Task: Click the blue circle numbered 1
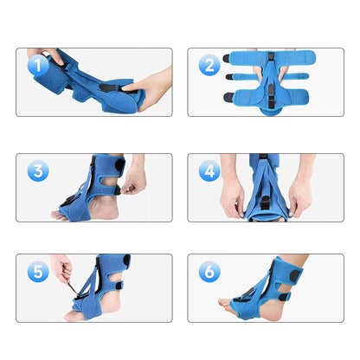click(36, 63)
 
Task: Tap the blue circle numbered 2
click(209, 64)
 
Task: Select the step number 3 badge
click(36, 170)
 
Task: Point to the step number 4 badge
click(209, 170)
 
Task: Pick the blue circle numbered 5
click(36, 271)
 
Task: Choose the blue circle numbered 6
click(209, 271)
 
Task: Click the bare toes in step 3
click(58, 214)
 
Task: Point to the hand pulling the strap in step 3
click(136, 180)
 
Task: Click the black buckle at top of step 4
click(261, 157)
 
